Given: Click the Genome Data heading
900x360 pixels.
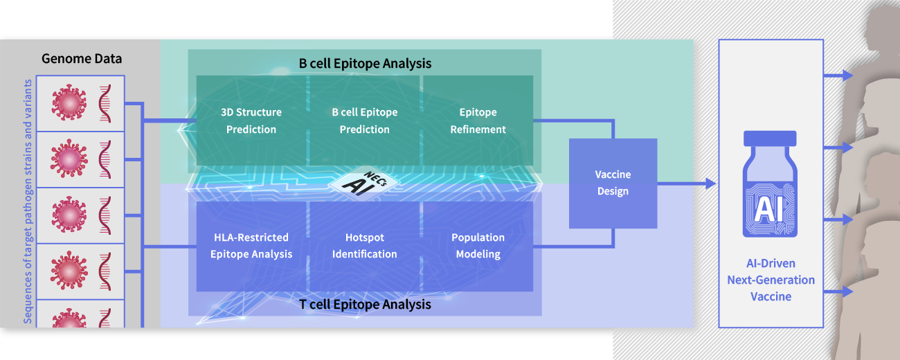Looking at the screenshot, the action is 82,59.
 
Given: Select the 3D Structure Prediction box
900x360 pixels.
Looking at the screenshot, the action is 251,120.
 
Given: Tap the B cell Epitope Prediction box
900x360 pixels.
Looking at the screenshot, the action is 365,120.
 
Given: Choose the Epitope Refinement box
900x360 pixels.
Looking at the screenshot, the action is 478,120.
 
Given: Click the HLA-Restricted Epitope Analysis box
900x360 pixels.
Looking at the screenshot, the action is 251,246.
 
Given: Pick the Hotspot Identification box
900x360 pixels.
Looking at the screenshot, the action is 365,246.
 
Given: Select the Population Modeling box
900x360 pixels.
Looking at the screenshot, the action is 478,246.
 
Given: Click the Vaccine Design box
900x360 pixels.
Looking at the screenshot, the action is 613,183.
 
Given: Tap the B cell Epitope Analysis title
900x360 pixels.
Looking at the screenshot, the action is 365,64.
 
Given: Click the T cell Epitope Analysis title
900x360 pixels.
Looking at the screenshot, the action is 365,305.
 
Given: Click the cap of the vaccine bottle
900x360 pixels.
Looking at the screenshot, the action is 770,138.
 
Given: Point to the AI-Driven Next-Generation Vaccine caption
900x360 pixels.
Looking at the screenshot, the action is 771,280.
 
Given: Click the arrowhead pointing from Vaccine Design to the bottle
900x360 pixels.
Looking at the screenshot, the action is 711,183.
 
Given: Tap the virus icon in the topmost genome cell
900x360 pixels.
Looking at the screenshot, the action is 69,102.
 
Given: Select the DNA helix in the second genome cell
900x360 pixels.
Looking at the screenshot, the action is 105,159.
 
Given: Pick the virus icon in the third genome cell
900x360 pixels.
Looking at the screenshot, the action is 69,215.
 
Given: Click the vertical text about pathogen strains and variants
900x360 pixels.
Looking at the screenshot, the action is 27,201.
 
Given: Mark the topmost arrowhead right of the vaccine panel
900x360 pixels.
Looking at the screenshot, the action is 847,75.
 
